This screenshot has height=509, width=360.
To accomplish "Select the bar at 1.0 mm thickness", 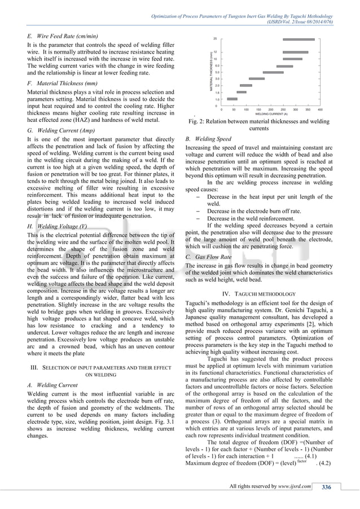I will (x=232, y=99).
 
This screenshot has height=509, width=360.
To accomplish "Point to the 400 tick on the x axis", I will (x=320, y=109).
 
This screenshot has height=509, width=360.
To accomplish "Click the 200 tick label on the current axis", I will (x=270, y=109).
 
